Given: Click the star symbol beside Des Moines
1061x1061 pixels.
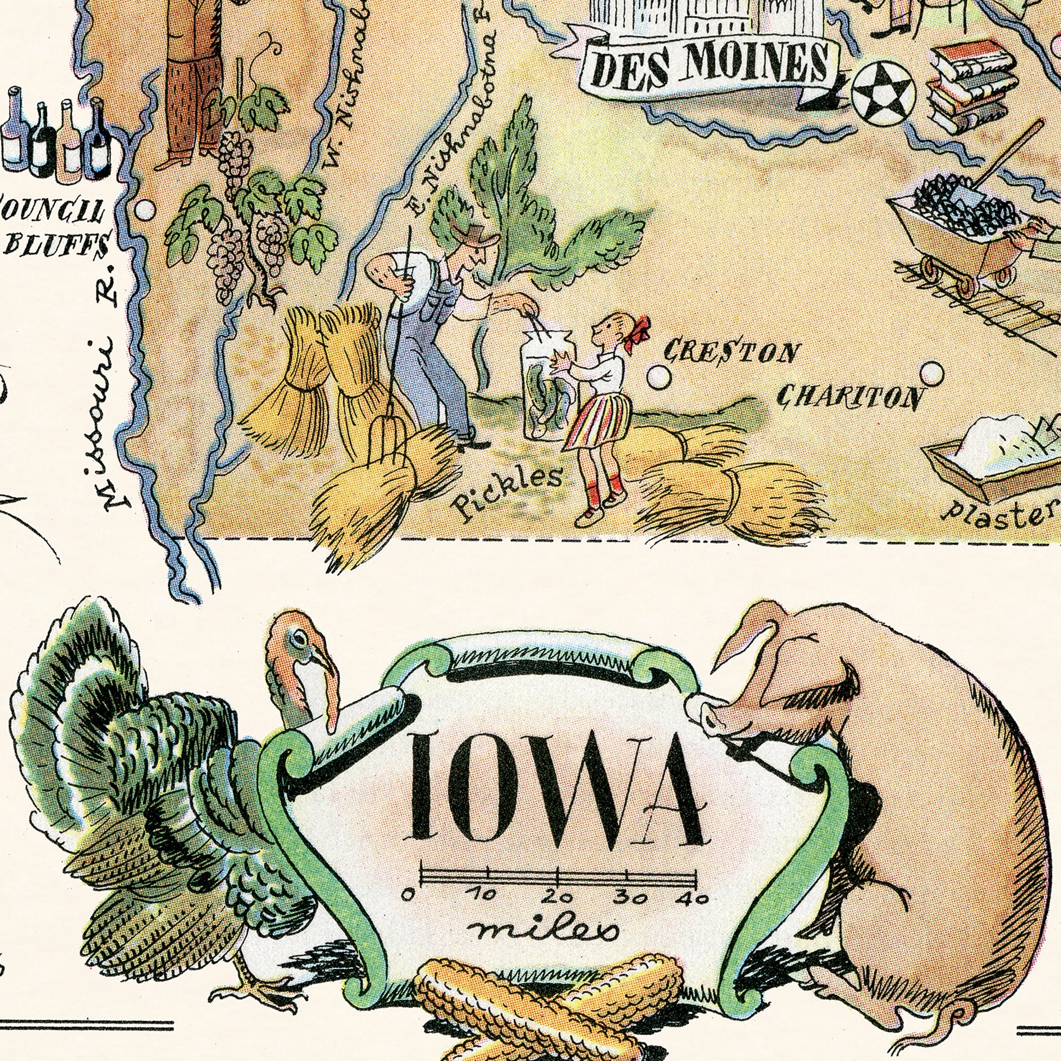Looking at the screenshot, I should pos(883,92).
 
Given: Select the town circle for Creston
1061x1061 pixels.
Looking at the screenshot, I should pos(658,377).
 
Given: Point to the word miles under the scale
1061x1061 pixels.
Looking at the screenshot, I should pos(545,930).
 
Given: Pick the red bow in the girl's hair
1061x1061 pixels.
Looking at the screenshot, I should pos(639,332).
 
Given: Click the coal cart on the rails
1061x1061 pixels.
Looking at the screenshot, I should pos(958,231).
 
